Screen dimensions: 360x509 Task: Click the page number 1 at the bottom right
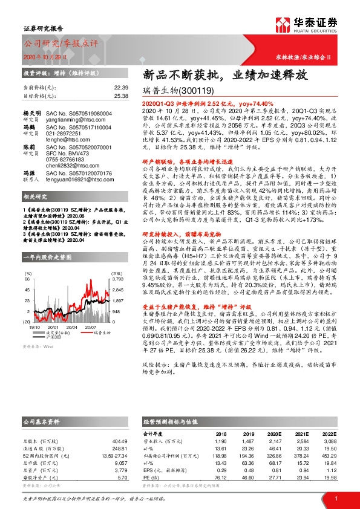[x=335, y=498]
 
